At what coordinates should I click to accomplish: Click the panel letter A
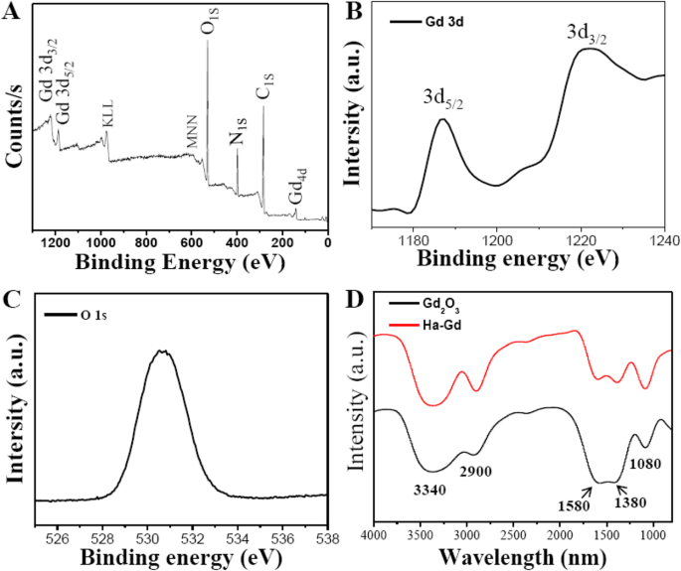[13, 12]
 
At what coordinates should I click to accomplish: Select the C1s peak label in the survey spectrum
[264, 91]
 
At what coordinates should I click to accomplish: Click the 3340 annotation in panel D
[431, 490]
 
